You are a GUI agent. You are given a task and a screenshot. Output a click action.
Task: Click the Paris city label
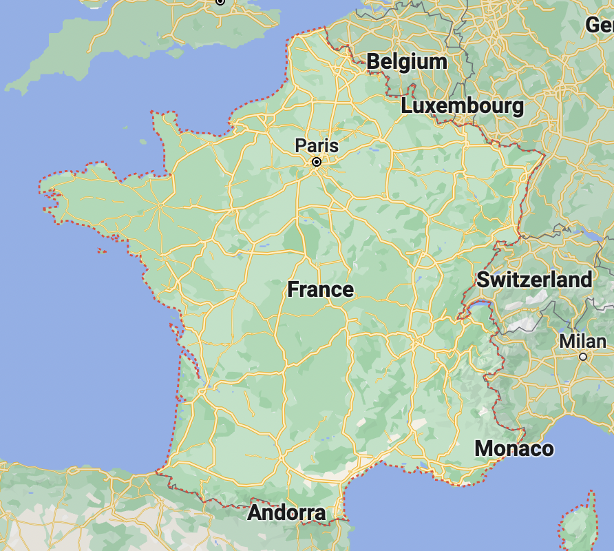(317, 146)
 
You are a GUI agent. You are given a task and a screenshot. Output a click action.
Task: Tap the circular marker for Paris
(317, 163)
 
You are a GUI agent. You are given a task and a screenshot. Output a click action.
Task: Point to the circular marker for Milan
(583, 357)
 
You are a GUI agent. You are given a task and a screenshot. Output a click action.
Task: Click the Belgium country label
(407, 62)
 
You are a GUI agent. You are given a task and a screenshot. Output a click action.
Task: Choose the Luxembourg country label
(462, 106)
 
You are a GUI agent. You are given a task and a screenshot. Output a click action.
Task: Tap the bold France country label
(320, 289)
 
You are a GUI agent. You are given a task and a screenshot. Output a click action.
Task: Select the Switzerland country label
(533, 280)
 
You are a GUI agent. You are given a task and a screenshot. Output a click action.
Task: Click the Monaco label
(514, 449)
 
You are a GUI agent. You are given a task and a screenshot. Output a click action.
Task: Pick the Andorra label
(286, 513)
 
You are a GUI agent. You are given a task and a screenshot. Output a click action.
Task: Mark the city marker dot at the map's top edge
(220, 1)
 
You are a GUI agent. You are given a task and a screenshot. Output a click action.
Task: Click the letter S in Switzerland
(483, 280)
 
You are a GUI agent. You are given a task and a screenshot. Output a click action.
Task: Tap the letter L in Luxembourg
(407, 107)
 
